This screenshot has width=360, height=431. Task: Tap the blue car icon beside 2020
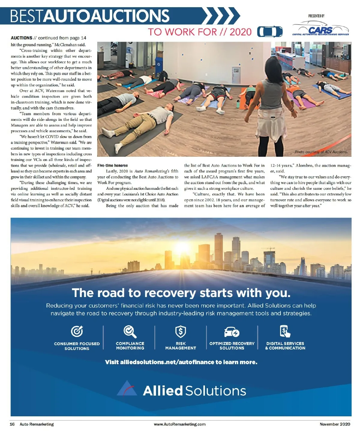270,32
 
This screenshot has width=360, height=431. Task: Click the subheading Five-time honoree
112,165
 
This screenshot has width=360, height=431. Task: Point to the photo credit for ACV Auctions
321,152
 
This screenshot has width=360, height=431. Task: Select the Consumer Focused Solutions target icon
77,331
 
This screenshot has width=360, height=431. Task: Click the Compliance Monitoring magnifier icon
130,331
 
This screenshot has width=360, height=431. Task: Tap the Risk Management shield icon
180,332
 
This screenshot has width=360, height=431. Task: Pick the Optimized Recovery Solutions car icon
232,332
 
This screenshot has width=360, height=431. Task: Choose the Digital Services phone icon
285,331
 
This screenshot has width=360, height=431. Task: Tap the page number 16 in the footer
12,424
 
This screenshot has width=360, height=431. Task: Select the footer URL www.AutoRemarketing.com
180,424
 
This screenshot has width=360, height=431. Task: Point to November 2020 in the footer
335,424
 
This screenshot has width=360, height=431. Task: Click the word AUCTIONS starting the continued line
21,38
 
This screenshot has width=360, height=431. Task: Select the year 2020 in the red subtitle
240,32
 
